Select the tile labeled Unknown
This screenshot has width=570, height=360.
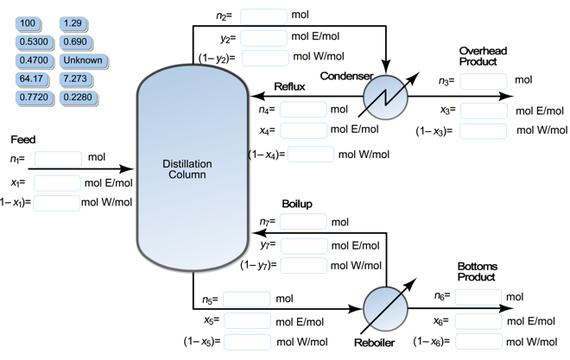click(x=83, y=60)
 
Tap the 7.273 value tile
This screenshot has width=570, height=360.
click(x=83, y=79)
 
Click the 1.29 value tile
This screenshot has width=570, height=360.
click(x=83, y=22)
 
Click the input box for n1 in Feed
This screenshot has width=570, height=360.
click(x=58, y=159)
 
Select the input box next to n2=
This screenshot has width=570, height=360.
click(x=263, y=16)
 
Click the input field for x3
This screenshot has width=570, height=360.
click(x=483, y=111)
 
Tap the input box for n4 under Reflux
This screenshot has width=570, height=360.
click(x=303, y=110)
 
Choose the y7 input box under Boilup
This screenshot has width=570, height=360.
click(x=303, y=245)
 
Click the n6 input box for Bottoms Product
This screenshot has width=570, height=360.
click(x=478, y=297)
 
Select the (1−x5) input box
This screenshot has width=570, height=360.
click(x=247, y=341)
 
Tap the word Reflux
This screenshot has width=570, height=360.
click(x=290, y=86)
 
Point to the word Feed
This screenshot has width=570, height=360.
click(x=23, y=139)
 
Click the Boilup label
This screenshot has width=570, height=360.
click(x=296, y=204)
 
